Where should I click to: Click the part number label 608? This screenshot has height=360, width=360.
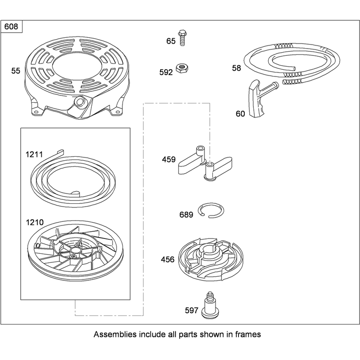tap(11, 27)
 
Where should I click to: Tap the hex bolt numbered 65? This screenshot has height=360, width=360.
tap(182, 38)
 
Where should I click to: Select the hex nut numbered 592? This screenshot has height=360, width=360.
tap(182, 68)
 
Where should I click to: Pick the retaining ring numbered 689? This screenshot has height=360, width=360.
tap(211, 210)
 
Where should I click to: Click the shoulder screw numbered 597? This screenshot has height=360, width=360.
tap(210, 305)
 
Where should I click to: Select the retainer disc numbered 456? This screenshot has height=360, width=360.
tap(211, 259)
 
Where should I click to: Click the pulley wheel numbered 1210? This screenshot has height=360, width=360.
tap(75, 251)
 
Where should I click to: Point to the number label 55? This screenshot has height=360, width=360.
tap(16, 71)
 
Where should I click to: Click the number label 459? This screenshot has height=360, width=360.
tap(169, 159)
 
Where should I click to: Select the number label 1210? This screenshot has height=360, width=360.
tap(35, 222)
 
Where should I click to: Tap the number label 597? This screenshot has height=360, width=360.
tap(192, 310)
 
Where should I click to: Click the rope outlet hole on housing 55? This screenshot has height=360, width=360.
tap(80, 101)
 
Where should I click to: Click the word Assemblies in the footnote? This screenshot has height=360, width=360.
tap(115, 334)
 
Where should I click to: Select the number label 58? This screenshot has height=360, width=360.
tap(237, 68)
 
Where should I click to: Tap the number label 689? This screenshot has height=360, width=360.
tap(186, 215)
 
